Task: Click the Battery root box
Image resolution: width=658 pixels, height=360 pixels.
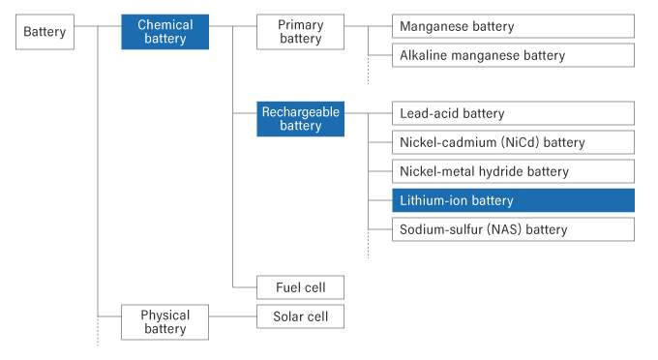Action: click(45, 32)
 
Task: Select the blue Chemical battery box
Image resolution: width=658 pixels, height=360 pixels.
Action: click(165, 32)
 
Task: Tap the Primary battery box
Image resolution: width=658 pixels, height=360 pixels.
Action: click(300, 32)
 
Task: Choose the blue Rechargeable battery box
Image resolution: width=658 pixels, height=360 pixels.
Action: click(300, 119)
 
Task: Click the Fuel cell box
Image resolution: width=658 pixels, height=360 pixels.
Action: click(300, 287)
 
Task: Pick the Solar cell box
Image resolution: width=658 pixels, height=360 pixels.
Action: click(300, 316)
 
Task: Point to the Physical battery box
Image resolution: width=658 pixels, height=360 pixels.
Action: click(165, 322)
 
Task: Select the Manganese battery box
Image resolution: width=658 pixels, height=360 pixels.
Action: click(513, 26)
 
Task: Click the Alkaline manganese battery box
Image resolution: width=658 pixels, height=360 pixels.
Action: click(513, 55)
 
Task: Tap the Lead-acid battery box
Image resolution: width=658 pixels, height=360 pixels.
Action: click(513, 113)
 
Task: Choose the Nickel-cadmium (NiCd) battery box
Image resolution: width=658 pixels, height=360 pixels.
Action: click(513, 142)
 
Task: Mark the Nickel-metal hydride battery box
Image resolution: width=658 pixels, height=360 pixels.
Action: click(513, 171)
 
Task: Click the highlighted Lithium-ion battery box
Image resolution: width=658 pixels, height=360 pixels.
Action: click(513, 200)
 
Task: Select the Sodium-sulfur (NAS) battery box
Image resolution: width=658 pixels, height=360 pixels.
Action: click(513, 229)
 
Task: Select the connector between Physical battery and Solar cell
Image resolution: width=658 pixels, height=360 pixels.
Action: click(233, 316)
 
